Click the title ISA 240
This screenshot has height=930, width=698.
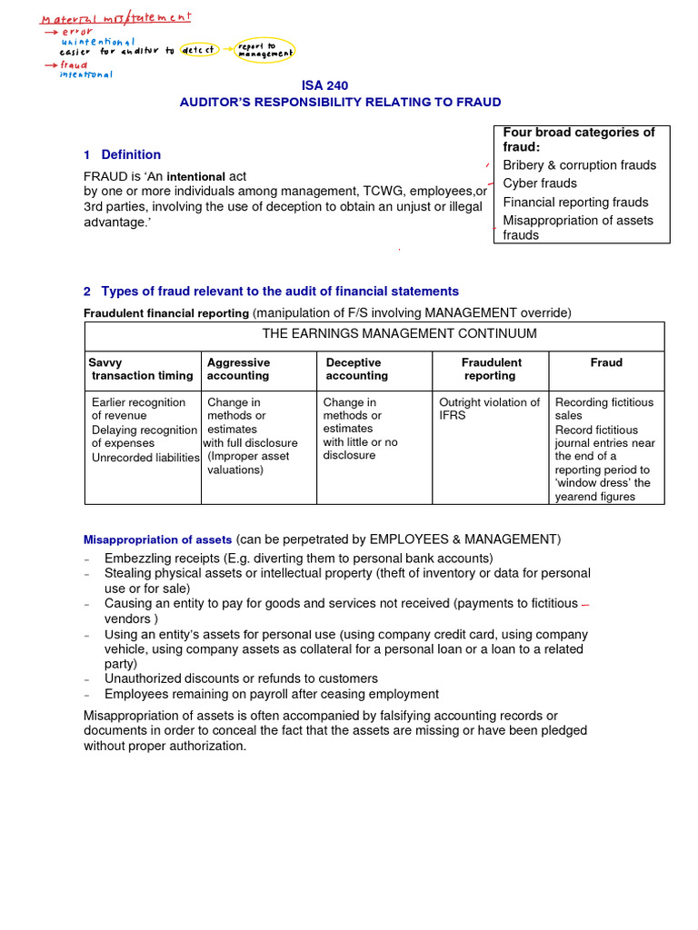coord(324,85)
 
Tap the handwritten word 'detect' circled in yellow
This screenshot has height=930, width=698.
coord(199,50)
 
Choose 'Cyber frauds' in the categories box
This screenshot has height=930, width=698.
coord(540,183)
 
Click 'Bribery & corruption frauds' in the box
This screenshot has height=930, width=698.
coord(580,165)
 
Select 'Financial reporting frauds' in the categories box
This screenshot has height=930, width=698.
coord(575,203)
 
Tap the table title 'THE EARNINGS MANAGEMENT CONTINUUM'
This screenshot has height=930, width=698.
coord(399,333)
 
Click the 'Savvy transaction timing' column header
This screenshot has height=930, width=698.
coord(142,369)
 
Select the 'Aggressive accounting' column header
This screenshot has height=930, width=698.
coord(238,369)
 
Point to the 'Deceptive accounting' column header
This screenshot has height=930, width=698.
coord(357,369)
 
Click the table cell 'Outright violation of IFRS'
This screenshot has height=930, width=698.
coord(489,409)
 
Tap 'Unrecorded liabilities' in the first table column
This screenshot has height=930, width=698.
coord(145,458)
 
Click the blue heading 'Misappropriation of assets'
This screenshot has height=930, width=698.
coord(157,539)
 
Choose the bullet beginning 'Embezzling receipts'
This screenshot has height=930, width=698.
coord(298,558)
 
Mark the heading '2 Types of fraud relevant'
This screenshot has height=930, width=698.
coord(271,292)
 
